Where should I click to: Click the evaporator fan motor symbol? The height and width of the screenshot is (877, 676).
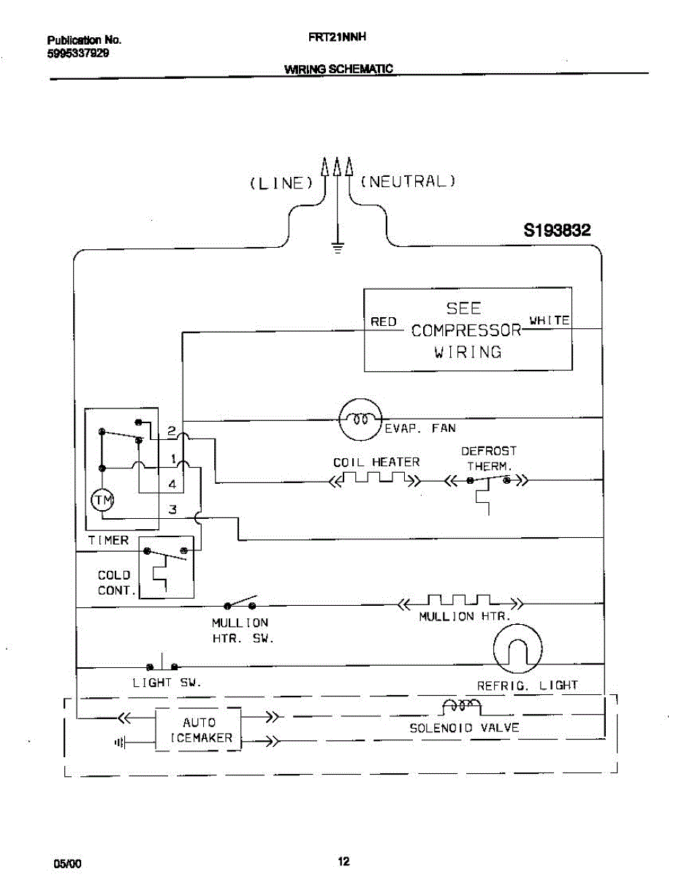pyautogui.click(x=360, y=419)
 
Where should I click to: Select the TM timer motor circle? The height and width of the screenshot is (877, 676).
pyautogui.click(x=102, y=501)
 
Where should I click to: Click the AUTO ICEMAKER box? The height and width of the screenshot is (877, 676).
pyautogui.click(x=198, y=729)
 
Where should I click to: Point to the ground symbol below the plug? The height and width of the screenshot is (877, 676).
pyautogui.click(x=337, y=248)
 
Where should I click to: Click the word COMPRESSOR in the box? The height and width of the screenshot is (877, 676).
pyautogui.click(x=466, y=330)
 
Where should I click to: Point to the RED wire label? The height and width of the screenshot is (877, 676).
pyautogui.click(x=383, y=322)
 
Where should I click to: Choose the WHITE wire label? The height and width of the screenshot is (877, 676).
pyautogui.click(x=550, y=320)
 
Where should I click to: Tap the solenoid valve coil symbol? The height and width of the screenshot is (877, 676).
pyautogui.click(x=461, y=705)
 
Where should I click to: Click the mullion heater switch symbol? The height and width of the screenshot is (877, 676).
pyautogui.click(x=241, y=604)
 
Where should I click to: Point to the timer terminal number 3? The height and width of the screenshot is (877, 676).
pyautogui.click(x=172, y=509)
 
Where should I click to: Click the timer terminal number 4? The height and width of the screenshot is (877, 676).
pyautogui.click(x=172, y=484)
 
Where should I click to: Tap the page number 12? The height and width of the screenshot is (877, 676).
pyautogui.click(x=343, y=861)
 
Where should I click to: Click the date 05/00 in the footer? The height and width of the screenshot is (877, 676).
pyautogui.click(x=67, y=863)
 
